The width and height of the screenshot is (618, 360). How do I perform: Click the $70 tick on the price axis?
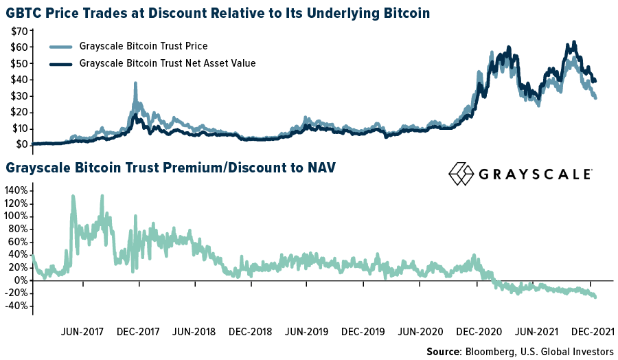(19, 32)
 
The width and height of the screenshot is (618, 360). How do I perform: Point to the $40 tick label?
(19, 80)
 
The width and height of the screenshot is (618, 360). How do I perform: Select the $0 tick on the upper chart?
(23, 144)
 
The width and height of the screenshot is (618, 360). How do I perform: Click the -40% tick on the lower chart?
(16, 306)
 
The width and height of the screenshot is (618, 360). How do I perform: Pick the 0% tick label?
(21, 280)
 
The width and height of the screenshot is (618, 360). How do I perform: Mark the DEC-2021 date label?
(592, 331)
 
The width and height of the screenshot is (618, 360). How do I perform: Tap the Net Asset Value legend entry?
(168, 64)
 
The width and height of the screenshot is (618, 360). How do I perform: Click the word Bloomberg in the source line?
(492, 352)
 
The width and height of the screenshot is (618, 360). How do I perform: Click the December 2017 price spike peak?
(135, 84)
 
